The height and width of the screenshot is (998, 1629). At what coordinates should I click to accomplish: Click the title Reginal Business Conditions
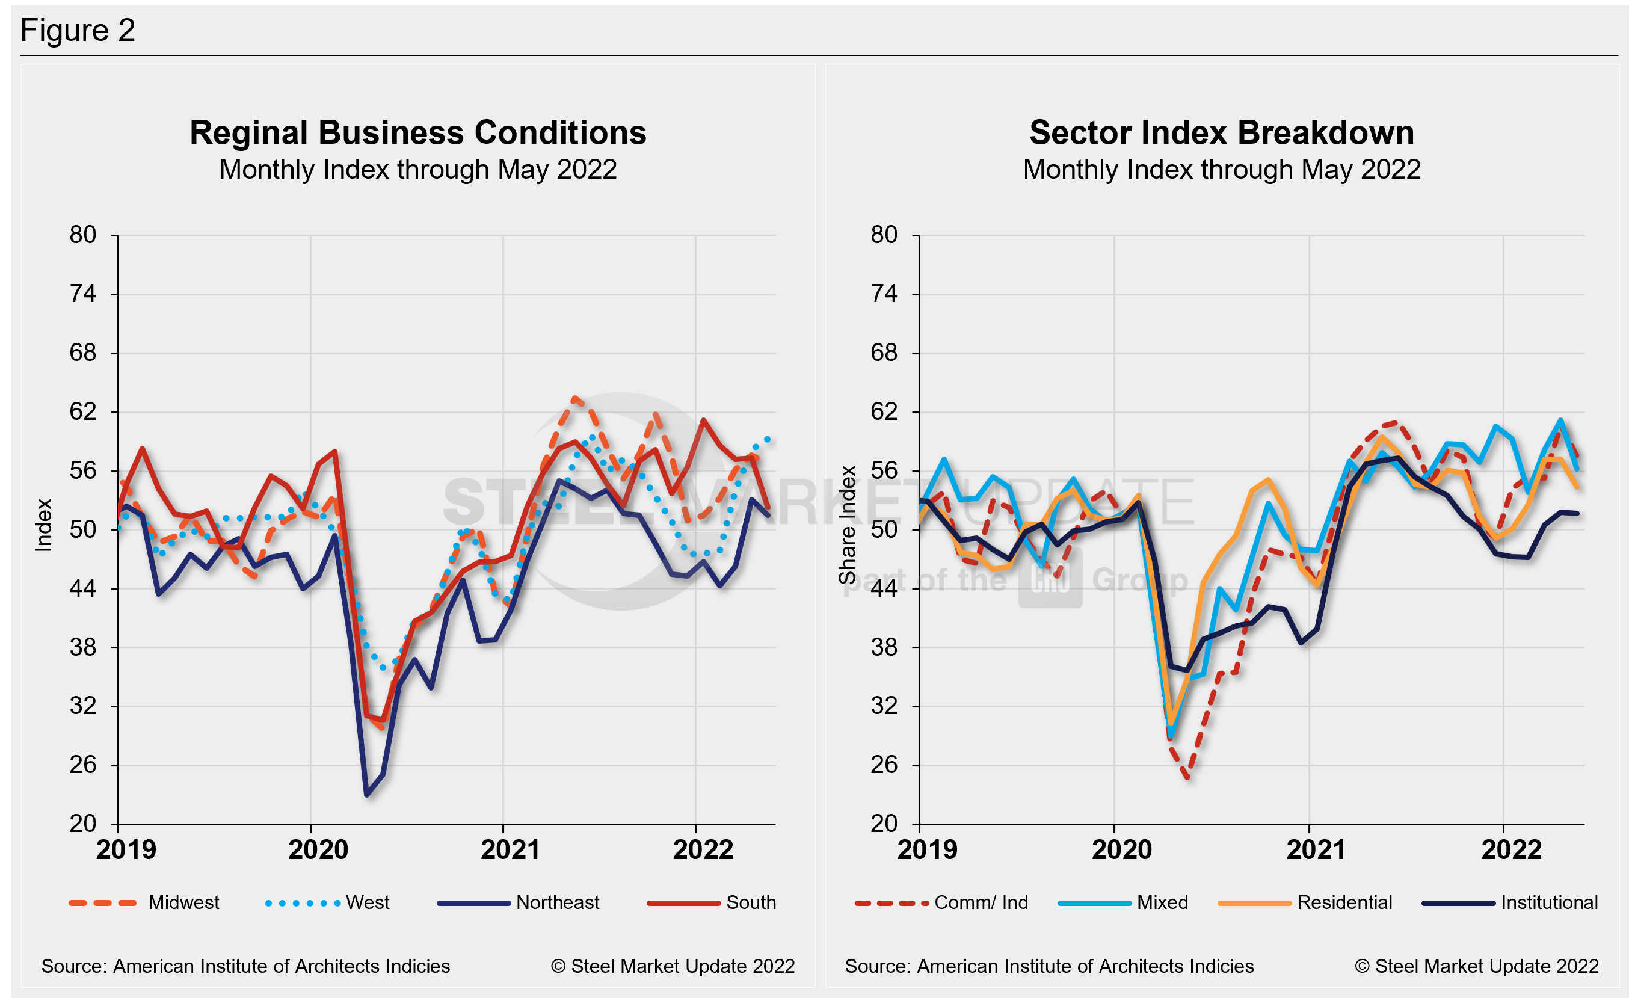pos(418,133)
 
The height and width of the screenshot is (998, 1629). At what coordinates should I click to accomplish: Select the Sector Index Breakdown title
pos(1221,133)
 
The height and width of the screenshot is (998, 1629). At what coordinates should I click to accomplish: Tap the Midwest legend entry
pos(183,902)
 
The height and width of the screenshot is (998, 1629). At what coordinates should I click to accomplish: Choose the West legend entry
pos(367,902)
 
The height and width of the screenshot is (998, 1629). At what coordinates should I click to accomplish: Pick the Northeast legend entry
pos(557,902)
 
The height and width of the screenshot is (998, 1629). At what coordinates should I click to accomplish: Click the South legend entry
pos(750,902)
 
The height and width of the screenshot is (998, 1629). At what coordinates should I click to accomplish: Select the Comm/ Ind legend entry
pos(981,902)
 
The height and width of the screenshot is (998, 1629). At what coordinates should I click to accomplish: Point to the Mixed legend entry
pos(1162,902)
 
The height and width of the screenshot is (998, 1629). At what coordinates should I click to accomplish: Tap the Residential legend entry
pos(1344,902)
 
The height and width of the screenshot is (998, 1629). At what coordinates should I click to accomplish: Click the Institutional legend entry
pos(1549,902)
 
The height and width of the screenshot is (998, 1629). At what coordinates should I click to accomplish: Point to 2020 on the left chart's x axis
pos(318,850)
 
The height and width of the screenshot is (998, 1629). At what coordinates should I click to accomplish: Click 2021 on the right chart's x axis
pos(1316,850)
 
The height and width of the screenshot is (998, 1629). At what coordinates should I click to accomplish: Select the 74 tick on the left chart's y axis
pos(82,294)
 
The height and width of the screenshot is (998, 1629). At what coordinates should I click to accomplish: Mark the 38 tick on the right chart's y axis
pos(884,647)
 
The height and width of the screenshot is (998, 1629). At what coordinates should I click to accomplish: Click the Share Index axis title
pos(848,525)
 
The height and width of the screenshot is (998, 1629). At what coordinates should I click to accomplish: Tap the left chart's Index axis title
pos(44,525)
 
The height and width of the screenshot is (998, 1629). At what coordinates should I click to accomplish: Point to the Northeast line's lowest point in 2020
pos(367,795)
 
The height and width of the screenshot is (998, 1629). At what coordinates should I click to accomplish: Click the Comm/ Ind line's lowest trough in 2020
pos(1188,777)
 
